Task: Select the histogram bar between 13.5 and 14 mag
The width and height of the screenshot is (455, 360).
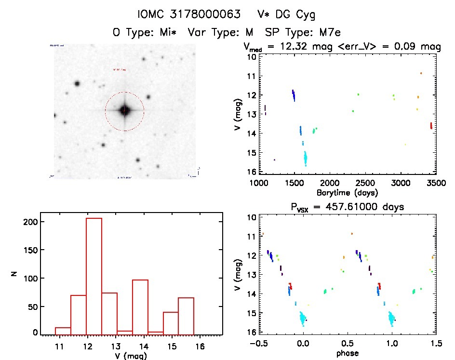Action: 140,307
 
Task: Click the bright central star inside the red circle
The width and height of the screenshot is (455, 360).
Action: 124,110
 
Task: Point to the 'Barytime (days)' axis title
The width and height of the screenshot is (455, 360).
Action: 347,192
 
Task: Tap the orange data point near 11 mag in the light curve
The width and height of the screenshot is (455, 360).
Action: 421,73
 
